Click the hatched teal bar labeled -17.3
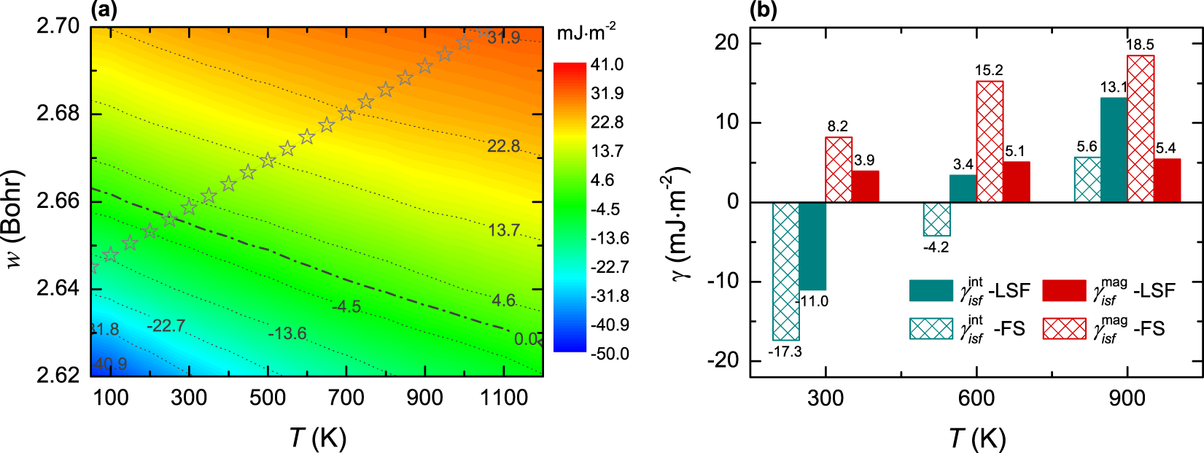(785, 271)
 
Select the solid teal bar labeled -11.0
(812, 246)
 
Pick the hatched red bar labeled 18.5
(1141, 128)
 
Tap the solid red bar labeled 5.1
(1017, 182)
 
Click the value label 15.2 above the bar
(989, 71)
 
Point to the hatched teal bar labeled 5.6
(1087, 179)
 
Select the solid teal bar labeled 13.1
(1114, 150)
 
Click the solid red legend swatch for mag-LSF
(1064, 290)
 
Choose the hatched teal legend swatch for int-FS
(931, 329)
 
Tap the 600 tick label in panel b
(976, 398)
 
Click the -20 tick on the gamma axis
(726, 360)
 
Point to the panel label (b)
(764, 10)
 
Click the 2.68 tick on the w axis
(58, 114)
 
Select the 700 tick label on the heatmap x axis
(346, 398)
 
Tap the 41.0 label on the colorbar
(607, 65)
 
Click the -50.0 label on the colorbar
(609, 354)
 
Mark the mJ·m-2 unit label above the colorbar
(586, 33)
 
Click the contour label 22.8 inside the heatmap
(503, 147)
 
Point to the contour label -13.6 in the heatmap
(287, 334)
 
